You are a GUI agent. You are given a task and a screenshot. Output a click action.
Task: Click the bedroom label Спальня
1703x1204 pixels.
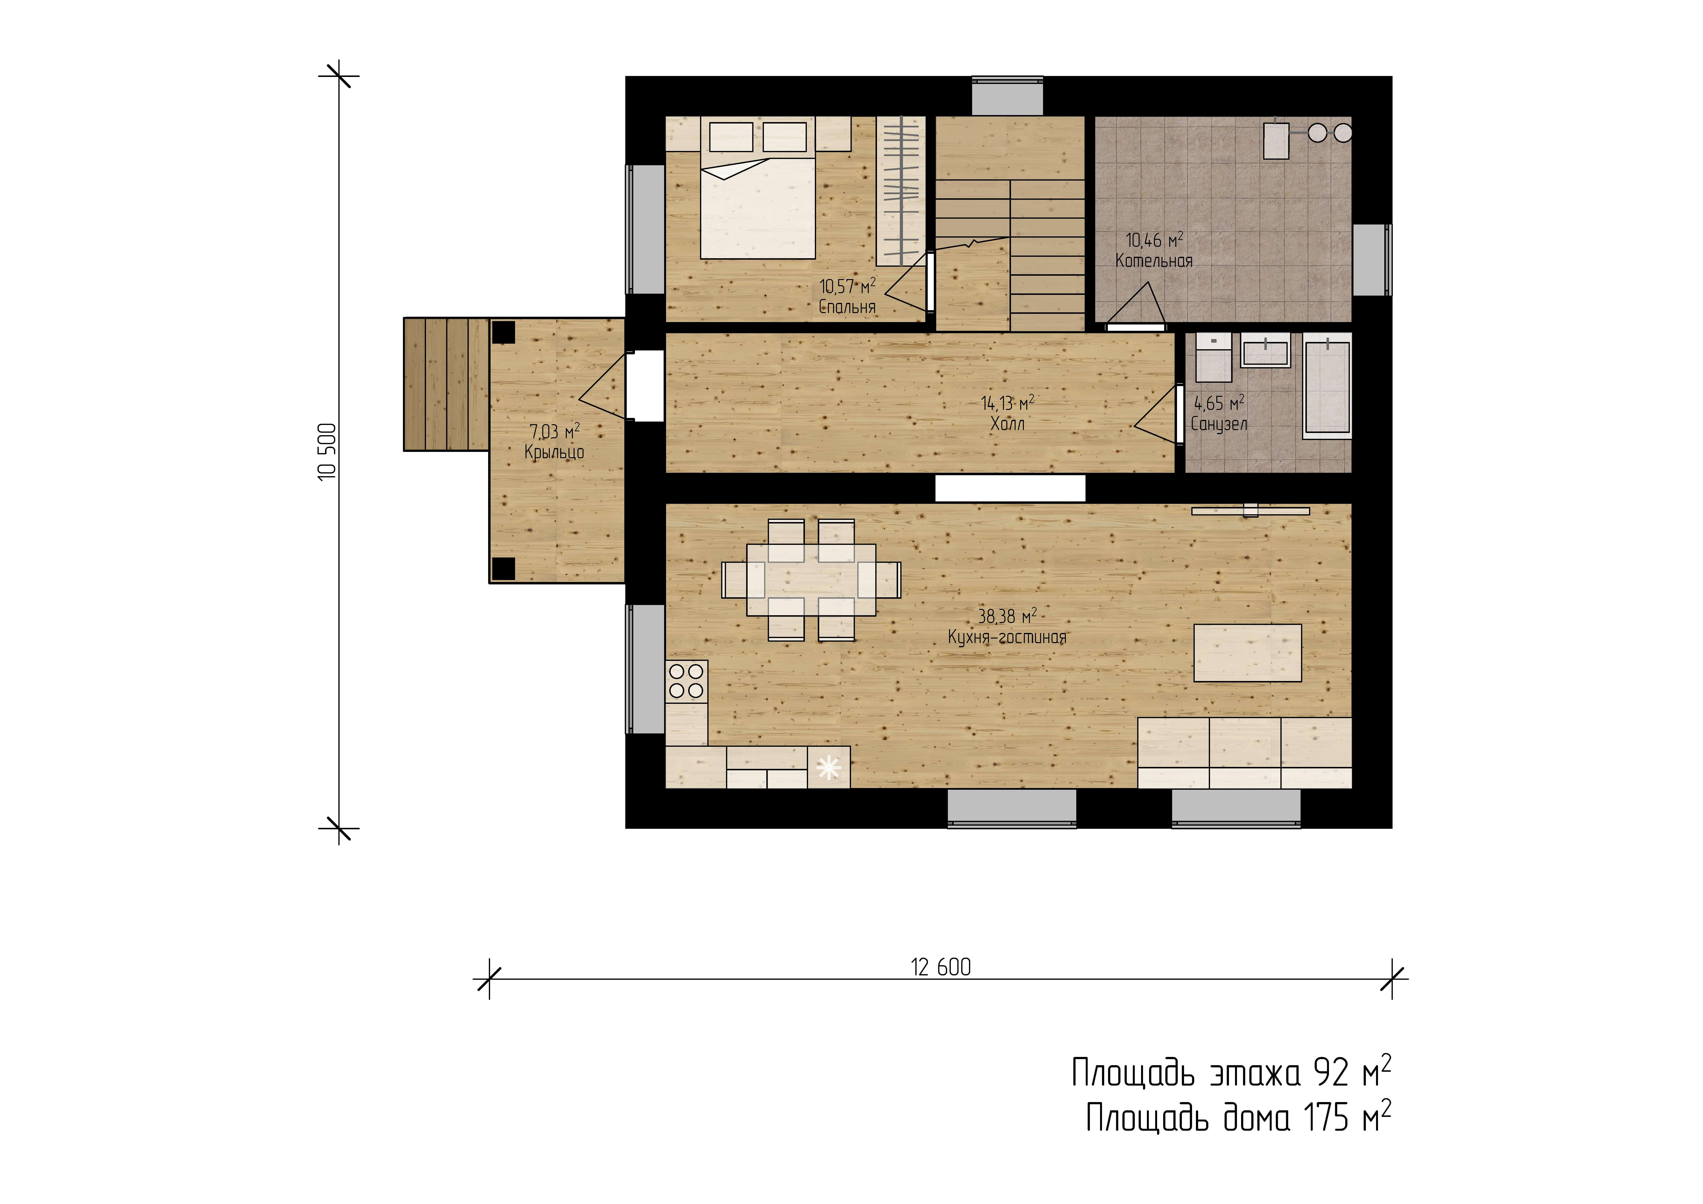847,306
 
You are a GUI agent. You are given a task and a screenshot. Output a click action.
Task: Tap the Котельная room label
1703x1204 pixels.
1154,260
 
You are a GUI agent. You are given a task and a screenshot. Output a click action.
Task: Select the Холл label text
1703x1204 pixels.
1007,423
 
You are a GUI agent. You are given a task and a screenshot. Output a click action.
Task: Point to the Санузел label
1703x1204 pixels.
1219,423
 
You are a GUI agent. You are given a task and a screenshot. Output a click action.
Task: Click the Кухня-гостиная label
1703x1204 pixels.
1007,637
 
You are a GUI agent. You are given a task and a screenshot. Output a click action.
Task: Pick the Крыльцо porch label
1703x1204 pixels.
554,452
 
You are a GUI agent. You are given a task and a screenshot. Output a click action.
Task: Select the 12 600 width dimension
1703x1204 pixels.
941,967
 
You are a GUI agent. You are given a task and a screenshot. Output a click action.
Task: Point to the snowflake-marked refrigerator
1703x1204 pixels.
828,767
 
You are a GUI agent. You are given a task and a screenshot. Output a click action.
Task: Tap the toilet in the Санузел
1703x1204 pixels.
1213,357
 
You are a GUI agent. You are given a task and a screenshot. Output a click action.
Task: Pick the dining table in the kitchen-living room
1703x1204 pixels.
811,580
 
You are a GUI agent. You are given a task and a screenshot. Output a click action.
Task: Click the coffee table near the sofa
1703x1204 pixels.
1248,653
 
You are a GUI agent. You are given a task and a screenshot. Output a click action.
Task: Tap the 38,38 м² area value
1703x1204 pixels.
1007,616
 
